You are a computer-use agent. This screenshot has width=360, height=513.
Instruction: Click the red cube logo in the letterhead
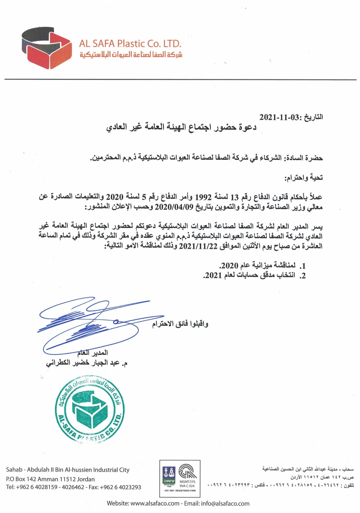(x=47, y=48)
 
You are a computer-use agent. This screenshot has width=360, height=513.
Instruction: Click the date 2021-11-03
(x=279, y=117)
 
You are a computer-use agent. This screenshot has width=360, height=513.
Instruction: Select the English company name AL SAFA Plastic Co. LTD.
(x=130, y=44)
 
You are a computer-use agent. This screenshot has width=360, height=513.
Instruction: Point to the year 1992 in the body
(x=203, y=197)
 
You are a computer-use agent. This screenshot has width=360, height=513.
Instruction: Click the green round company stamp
(x=90, y=411)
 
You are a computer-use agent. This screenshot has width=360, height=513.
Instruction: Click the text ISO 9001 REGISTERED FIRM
(x=180, y=491)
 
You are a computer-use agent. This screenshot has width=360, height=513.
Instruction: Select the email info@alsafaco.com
(x=225, y=503)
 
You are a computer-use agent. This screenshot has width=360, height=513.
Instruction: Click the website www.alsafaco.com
(x=155, y=503)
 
